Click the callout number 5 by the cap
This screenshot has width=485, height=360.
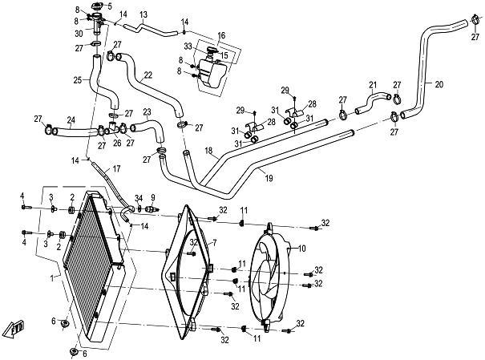(x=110, y=7)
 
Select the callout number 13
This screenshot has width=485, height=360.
(x=143, y=14)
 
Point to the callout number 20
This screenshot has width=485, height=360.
(x=439, y=83)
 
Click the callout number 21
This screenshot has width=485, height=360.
(x=372, y=85)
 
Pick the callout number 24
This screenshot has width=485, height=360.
(x=71, y=122)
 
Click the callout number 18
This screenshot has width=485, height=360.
(x=208, y=151)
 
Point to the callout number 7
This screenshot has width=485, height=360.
(x=214, y=241)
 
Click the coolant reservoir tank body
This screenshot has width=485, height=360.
(x=212, y=75)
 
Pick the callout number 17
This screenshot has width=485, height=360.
(x=116, y=168)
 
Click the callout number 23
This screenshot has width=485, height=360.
(x=147, y=111)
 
